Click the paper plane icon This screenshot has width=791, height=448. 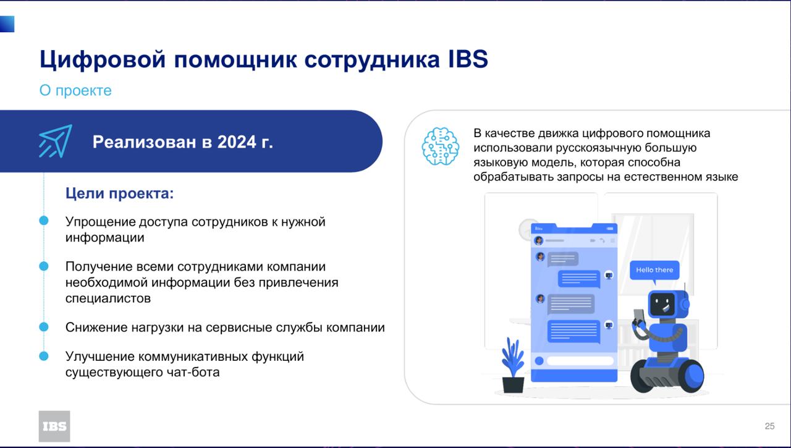coord(56,141)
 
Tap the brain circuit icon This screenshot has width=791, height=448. coord(441,146)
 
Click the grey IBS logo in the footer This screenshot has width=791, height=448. coord(54,426)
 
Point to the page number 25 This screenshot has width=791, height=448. coord(769,426)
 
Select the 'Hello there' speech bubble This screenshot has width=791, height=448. coord(654,271)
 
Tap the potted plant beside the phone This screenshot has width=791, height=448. coord(513,365)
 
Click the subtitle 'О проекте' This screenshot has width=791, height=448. coord(75,90)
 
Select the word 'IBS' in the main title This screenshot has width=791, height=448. coord(468,59)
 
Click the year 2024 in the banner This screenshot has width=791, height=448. coord(237,142)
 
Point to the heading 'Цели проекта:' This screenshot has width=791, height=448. coord(119,193)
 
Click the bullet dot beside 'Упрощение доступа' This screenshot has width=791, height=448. coord(44,221)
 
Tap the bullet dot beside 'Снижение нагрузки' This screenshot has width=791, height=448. coord(44,327)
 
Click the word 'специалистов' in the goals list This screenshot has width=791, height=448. coord(108,298)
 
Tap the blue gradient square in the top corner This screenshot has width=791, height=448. coord(7,24)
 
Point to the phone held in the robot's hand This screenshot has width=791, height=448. coord(639,316)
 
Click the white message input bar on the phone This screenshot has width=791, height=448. coord(580,360)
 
